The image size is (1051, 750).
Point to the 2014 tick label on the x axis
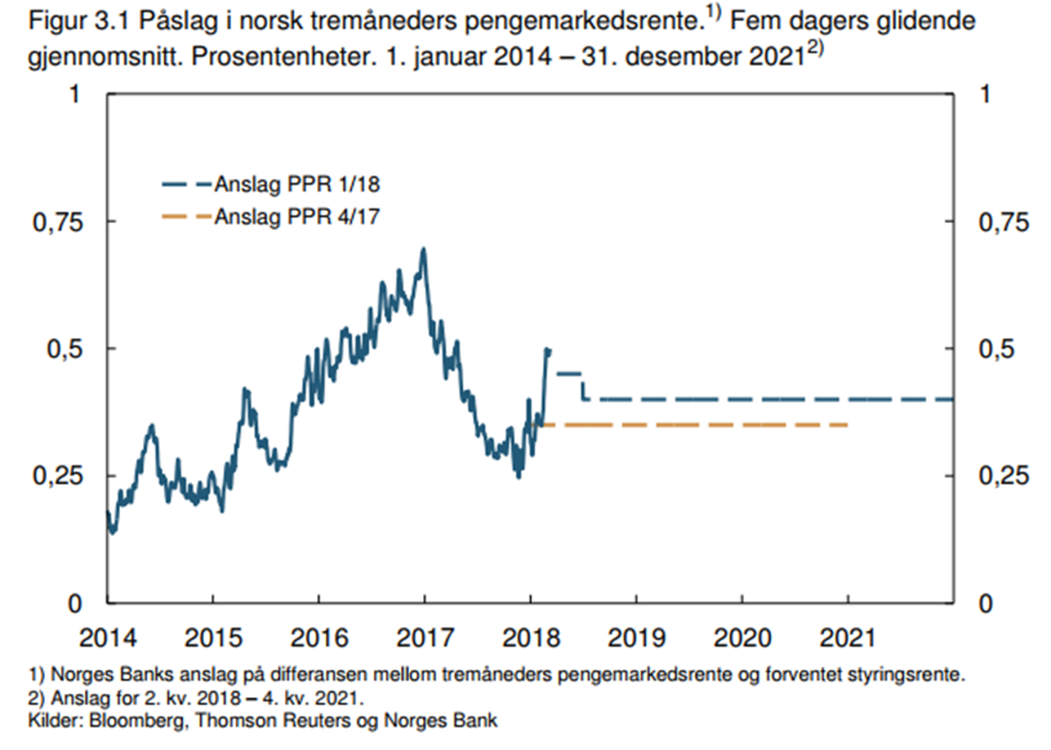(x=107, y=637)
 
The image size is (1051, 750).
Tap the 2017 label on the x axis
(x=424, y=637)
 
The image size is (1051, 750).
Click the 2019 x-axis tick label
(x=636, y=637)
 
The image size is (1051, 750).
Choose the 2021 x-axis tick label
(x=848, y=637)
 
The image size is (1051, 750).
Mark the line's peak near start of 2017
(x=424, y=250)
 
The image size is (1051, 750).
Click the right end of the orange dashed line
(x=848, y=425)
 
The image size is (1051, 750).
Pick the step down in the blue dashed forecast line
(x=584, y=386)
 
